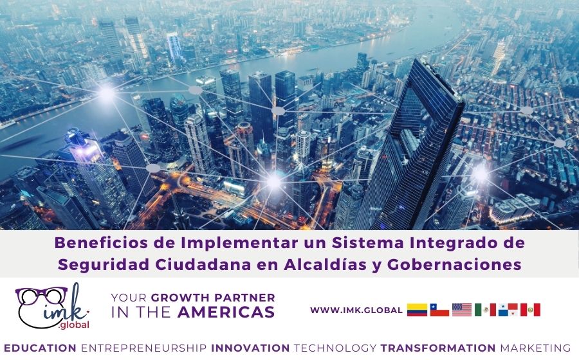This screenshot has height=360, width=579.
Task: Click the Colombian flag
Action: (417, 310)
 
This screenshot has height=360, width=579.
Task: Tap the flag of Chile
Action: (439, 310)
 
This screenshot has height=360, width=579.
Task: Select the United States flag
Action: (462, 310)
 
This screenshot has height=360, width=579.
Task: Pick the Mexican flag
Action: (485, 310)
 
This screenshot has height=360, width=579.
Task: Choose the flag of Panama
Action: (508, 310)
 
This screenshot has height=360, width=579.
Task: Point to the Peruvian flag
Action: (530, 310)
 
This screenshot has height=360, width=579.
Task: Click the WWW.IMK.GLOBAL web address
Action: (356, 310)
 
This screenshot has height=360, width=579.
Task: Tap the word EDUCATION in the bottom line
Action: (41, 348)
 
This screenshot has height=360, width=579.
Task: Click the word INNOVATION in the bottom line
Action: (250, 348)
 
